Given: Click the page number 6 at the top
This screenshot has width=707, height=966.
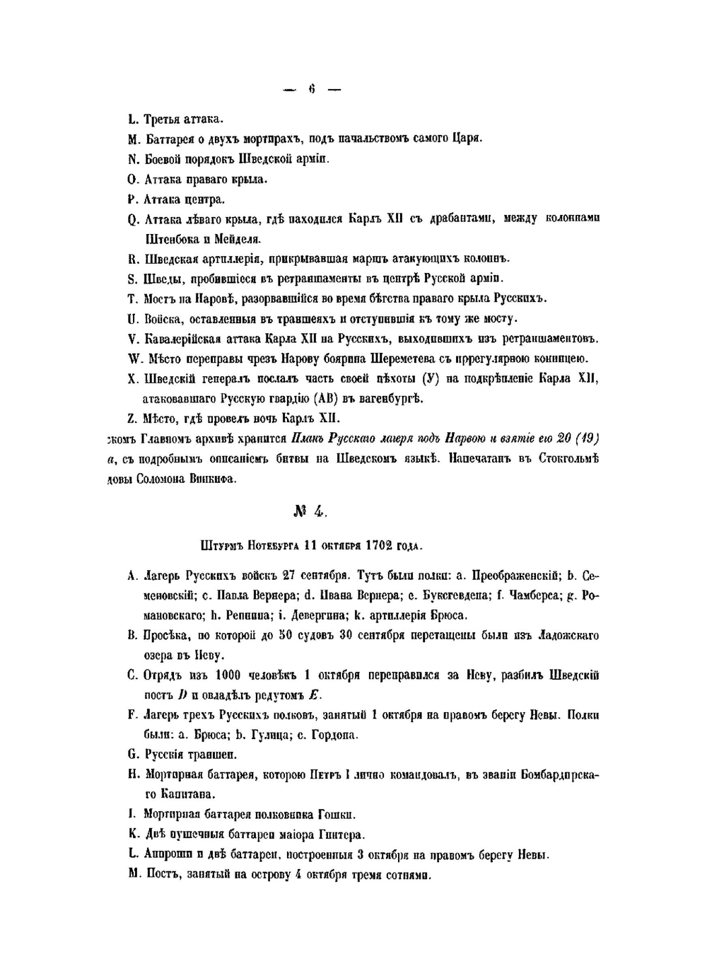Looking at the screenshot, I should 311,89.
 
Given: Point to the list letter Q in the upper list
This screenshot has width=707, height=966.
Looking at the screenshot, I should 133,219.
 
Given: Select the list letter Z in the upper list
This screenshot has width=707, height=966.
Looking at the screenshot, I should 133,418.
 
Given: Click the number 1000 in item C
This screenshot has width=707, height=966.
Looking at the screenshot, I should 230,675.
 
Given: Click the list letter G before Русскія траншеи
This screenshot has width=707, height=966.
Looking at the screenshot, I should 132,755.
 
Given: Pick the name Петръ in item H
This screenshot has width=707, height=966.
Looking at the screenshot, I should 325,774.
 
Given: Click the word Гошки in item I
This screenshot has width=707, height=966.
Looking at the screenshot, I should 339,814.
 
